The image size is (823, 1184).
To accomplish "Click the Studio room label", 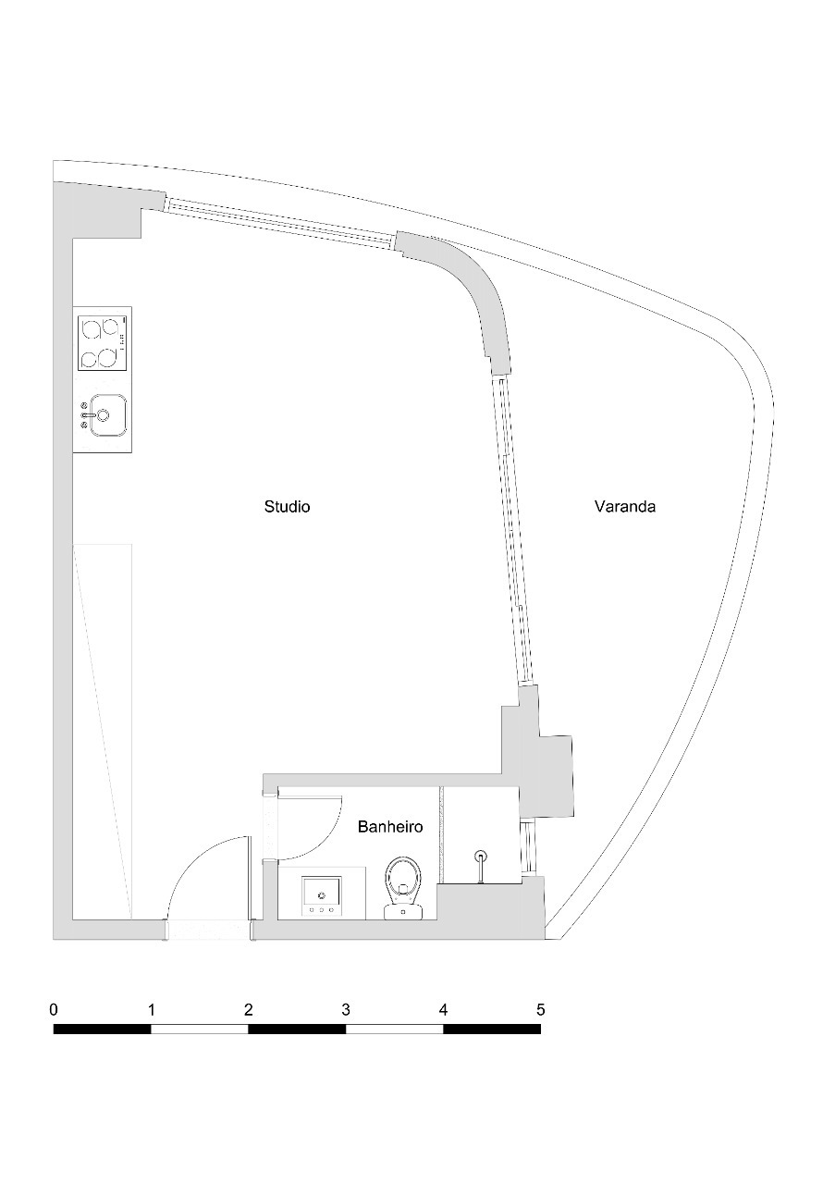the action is click(x=287, y=507).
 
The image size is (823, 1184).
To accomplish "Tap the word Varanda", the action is click(x=625, y=507).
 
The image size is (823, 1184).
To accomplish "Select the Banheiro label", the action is click(x=390, y=827).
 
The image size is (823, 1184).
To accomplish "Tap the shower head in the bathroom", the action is click(x=480, y=857).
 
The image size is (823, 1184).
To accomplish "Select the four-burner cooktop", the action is click(x=102, y=343).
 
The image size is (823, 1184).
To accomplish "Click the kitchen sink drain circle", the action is click(x=103, y=415).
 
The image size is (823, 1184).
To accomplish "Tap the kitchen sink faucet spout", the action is click(x=88, y=415).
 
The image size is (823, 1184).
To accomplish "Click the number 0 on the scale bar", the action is click(x=54, y=1009).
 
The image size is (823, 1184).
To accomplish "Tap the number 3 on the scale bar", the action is click(x=346, y=1009).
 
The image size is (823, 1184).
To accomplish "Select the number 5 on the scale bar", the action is click(x=540, y=1009).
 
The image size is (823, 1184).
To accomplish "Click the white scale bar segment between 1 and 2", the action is click(x=200, y=1029).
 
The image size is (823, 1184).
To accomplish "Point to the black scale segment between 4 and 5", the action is click(x=492, y=1029).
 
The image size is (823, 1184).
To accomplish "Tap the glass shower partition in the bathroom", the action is click(x=442, y=832).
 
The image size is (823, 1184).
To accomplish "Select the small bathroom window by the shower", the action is click(x=528, y=846).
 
